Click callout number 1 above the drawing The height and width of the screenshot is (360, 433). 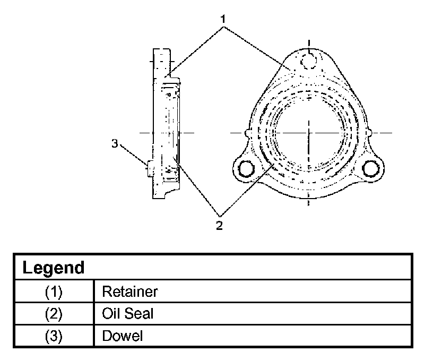pos(223,19)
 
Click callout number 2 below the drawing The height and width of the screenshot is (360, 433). pos(219,226)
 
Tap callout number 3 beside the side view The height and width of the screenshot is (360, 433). pos(115,143)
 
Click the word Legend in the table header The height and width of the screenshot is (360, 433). pos(53,268)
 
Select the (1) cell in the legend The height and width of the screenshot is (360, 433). pos(54,292)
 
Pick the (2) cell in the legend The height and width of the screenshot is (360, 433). pos(54,314)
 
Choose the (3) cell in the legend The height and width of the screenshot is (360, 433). pos(54,336)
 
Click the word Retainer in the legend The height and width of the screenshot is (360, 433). pos(130,292)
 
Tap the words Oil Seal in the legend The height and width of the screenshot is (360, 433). pos(127,314)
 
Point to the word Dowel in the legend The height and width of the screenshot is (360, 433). pos(123,336)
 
